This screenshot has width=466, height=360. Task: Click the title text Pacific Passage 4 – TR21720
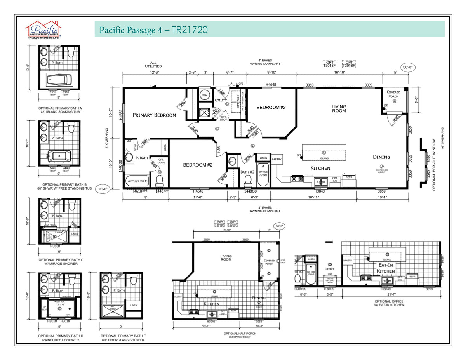[x=153, y=30]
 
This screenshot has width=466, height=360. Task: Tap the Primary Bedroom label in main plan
[x=154, y=115]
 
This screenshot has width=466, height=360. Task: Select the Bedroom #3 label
[x=271, y=107]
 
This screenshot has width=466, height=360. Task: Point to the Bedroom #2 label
[x=198, y=165]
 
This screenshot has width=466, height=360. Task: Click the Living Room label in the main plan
[x=339, y=108]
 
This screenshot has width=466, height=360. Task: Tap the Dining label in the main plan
[x=381, y=157]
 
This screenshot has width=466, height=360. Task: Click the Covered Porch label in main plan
[x=393, y=94]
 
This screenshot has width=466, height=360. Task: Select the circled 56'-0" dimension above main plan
[x=408, y=67]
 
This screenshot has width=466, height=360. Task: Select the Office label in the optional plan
[x=330, y=269]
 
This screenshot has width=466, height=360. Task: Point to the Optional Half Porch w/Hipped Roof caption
[x=234, y=335]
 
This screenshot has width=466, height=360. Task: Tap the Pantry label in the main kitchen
[x=276, y=159]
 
